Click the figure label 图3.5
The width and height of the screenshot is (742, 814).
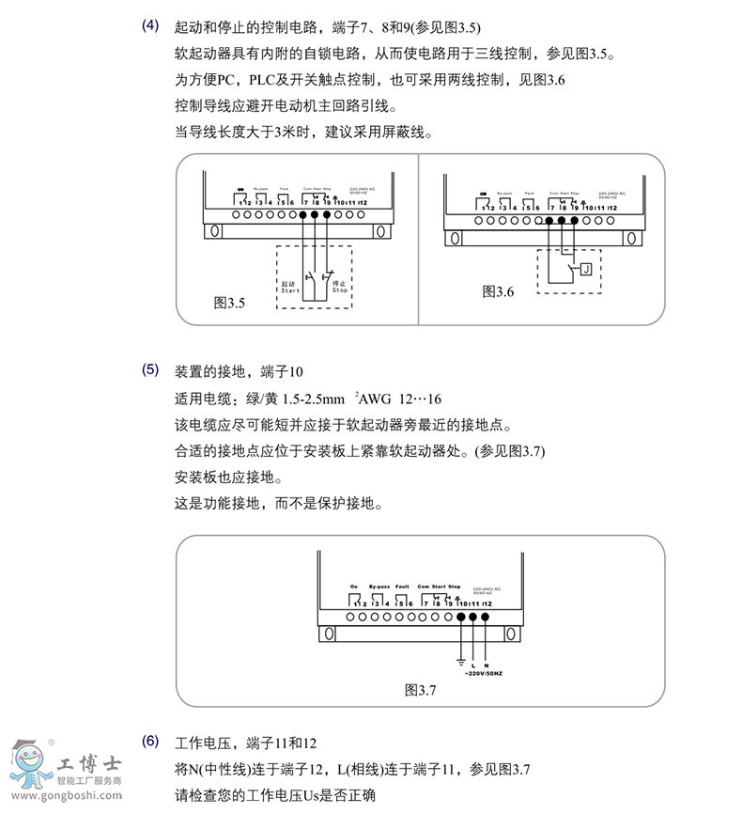click(229, 303)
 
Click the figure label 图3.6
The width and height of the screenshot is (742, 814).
click(498, 291)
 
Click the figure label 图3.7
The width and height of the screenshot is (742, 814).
click(421, 689)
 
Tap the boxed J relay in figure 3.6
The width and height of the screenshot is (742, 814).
click(585, 270)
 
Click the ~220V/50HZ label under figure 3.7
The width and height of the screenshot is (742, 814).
click(486, 674)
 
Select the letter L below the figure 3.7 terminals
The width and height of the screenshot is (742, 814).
click(473, 665)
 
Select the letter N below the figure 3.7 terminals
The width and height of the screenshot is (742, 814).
click(486, 665)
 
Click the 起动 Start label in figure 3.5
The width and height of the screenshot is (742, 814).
click(288, 286)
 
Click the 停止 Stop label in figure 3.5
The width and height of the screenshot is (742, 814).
click(340, 286)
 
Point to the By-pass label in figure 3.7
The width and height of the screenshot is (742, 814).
click(379, 586)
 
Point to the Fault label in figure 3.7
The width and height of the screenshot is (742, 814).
click(403, 586)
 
